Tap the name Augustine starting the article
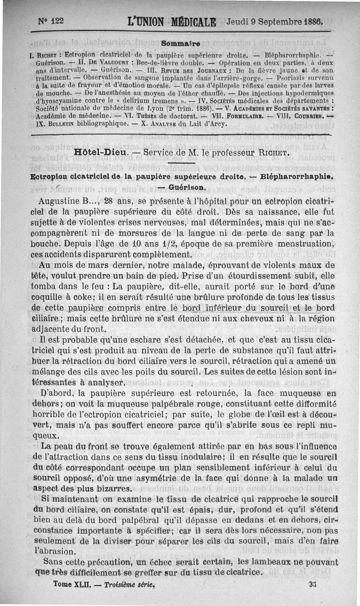61,200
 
